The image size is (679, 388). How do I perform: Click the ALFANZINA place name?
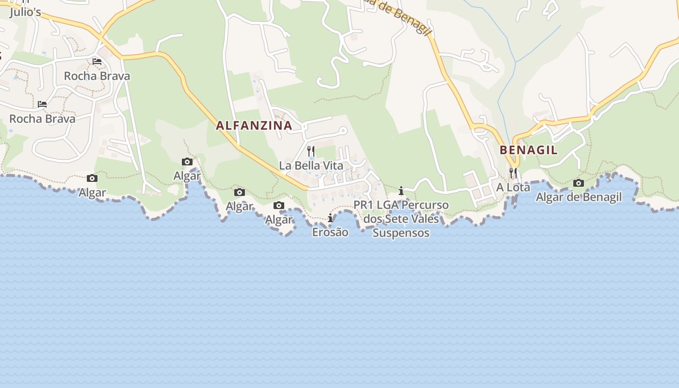[254, 126]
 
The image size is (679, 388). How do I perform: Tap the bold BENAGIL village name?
[529, 150]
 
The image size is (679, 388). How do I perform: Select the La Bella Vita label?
[311, 166]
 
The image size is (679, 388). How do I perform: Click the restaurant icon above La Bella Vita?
[311, 151]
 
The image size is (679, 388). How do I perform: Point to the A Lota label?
[513, 187]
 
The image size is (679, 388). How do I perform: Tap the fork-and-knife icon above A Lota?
[513, 173]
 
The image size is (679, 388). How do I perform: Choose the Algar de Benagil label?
[579, 197]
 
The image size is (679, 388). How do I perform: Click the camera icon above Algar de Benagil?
[579, 183]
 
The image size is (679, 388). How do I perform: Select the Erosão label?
[330, 232]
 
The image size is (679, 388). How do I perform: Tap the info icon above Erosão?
[330, 218]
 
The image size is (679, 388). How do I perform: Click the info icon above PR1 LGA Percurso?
[401, 191]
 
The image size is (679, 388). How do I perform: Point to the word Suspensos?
[401, 233]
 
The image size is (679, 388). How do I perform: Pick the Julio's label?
[25, 12]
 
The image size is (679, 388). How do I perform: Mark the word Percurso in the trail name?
[425, 205]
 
